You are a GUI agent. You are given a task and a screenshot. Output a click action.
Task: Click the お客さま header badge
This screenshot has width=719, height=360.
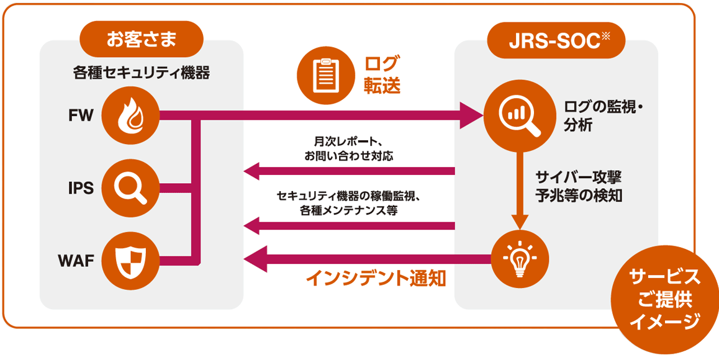[142, 39]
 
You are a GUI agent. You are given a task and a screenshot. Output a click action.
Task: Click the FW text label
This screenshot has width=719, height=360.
[81, 115]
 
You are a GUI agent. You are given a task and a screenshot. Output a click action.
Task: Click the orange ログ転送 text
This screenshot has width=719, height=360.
[382, 74]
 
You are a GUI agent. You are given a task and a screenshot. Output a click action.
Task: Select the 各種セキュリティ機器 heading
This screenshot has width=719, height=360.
[141, 73]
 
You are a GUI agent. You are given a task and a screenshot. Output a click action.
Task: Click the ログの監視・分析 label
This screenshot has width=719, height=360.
[600, 115]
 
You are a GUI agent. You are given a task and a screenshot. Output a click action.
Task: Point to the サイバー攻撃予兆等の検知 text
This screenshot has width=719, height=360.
[578, 185]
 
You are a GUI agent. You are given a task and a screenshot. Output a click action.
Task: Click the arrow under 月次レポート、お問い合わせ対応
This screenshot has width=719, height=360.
[348, 171]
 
